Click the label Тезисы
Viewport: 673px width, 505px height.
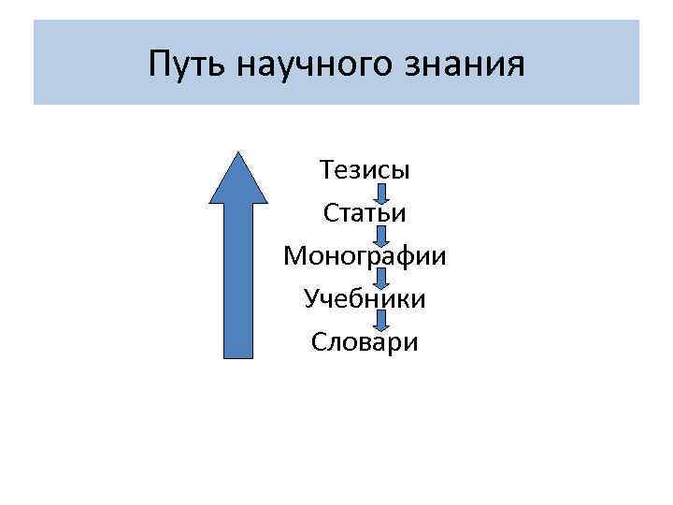coord(365,171)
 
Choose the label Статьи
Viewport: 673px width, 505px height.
coord(365,213)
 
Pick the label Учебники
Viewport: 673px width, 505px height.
coord(365,299)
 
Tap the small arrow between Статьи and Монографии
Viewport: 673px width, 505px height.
coord(381,236)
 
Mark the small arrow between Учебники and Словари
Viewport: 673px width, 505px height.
coord(381,321)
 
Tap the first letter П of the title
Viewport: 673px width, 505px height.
coord(160,65)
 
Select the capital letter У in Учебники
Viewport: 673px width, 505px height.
coord(311,299)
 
